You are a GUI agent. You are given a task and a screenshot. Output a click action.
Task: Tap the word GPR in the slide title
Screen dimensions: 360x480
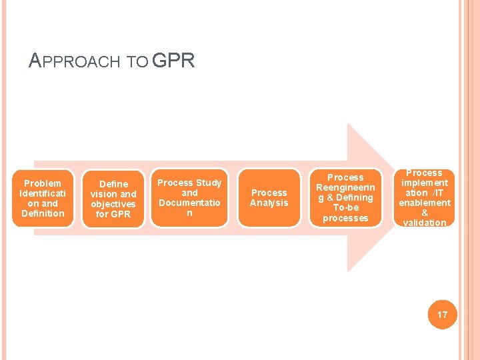pyautogui.click(x=173, y=61)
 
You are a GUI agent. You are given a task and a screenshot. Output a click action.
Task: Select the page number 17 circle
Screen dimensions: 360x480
pyautogui.click(x=442, y=315)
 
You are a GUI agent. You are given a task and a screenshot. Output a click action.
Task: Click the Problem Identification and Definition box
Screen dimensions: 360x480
pyautogui.click(x=43, y=198)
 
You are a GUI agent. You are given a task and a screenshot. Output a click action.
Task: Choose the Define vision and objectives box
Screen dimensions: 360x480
pyautogui.click(x=113, y=199)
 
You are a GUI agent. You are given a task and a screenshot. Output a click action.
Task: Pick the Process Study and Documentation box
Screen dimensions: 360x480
pyautogui.click(x=189, y=198)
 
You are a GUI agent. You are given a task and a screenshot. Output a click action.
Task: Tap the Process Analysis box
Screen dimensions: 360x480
pyautogui.click(x=269, y=198)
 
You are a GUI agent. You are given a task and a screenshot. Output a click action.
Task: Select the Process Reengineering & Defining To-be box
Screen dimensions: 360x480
pyautogui.click(x=345, y=198)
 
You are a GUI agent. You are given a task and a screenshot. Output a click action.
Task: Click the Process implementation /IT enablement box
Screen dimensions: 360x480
pyautogui.click(x=425, y=197)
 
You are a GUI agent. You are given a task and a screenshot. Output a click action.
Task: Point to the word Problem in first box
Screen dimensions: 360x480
pyautogui.click(x=43, y=183)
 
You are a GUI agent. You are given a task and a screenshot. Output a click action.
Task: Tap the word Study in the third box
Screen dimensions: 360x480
pyautogui.click(x=208, y=183)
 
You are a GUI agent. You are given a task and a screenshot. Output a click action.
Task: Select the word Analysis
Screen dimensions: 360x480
pyautogui.click(x=269, y=203)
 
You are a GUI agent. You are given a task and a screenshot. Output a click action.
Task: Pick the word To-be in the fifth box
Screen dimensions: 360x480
pyautogui.click(x=345, y=208)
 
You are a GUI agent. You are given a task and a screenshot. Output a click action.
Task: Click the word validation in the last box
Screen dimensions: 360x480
pyautogui.click(x=425, y=223)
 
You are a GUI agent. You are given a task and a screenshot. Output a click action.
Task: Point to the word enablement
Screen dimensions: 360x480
pyautogui.click(x=425, y=203)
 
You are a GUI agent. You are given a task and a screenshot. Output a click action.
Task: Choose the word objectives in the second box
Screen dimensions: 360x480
pyautogui.click(x=113, y=204)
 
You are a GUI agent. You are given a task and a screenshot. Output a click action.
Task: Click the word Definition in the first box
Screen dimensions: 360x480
pyautogui.click(x=43, y=213)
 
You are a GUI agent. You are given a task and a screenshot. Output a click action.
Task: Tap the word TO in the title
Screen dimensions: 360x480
pyautogui.click(x=138, y=63)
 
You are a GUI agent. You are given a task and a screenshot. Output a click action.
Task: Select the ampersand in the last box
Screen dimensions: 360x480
pyautogui.click(x=425, y=213)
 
